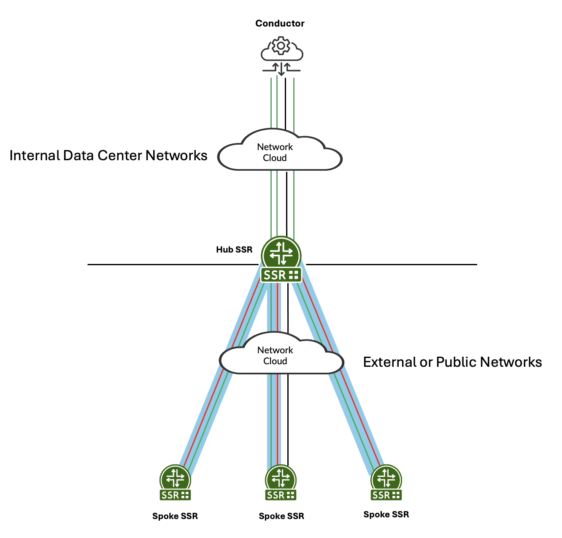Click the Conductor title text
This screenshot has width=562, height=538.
tap(280, 24)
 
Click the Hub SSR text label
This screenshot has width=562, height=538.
tap(234, 250)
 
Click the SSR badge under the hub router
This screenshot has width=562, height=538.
tap(281, 275)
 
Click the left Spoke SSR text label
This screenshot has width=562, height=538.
tap(175, 516)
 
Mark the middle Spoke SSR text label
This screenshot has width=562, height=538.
tap(281, 516)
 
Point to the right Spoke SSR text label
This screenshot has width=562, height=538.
tap(386, 514)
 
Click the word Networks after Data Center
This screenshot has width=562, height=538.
tap(176, 156)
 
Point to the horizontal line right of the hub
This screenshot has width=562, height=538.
tap(392, 264)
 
